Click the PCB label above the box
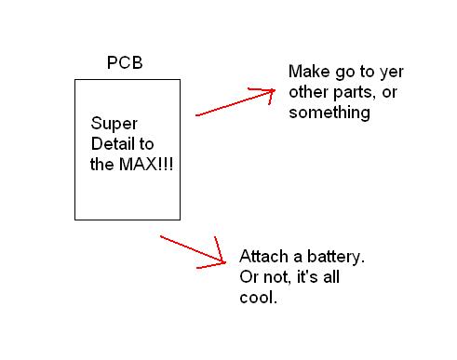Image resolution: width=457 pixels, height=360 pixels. click(x=127, y=65)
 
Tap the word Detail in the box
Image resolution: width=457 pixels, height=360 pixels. click(x=111, y=143)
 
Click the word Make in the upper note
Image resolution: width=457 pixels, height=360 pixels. click(x=307, y=72)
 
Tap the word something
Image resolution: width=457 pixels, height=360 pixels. click(x=329, y=113)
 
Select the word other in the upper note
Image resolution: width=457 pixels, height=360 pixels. click(x=309, y=92)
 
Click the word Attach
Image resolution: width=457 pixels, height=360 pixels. click(x=262, y=257)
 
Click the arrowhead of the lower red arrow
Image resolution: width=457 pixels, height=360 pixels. click(x=224, y=260)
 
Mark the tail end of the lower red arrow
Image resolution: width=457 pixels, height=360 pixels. click(x=161, y=236)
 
